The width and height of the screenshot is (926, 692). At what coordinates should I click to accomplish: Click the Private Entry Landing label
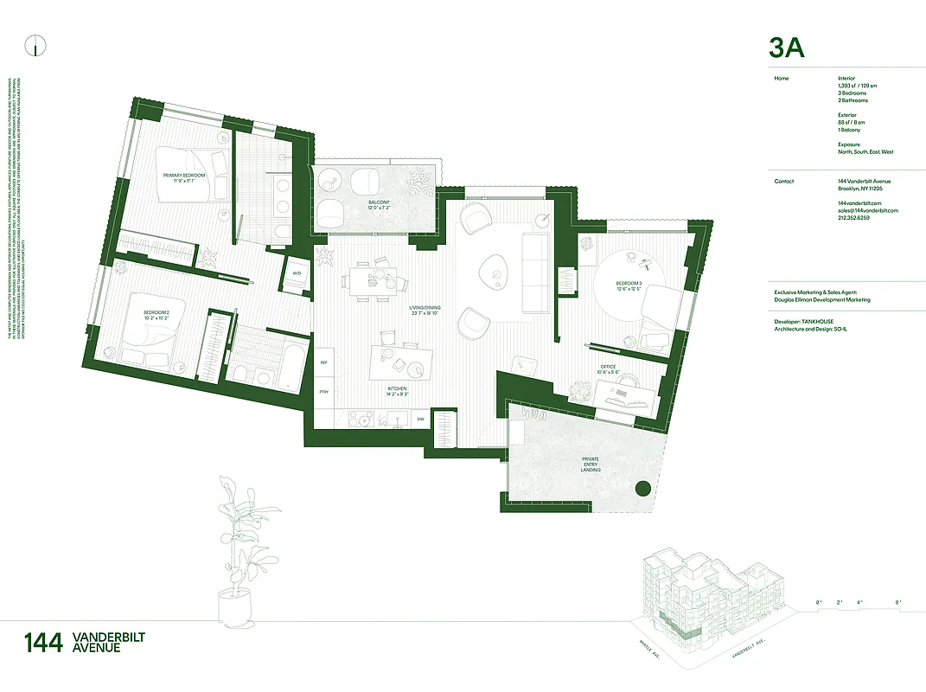(x=591, y=466)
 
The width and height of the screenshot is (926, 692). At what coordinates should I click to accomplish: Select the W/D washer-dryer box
(x=297, y=273)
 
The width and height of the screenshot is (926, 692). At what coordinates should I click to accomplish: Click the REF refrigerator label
(x=324, y=362)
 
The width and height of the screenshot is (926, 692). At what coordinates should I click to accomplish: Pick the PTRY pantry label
(x=324, y=393)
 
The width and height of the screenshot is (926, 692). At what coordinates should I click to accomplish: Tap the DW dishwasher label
(x=420, y=420)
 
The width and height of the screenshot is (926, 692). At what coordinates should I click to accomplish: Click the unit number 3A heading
(x=786, y=48)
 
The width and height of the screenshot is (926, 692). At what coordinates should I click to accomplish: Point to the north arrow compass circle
(x=36, y=48)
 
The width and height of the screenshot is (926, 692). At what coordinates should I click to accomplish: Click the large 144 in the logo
(x=43, y=644)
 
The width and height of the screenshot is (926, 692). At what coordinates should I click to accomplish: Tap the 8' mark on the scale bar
(x=897, y=601)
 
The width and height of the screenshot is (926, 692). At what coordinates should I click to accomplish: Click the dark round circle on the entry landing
(x=642, y=488)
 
